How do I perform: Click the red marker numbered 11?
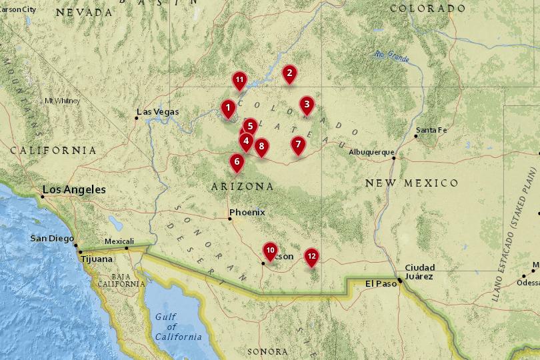[x=240, y=80]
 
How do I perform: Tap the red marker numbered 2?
[x=289, y=73]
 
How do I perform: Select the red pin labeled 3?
[x=306, y=104]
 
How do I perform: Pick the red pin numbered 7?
[x=298, y=143]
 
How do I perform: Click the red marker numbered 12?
[x=311, y=255]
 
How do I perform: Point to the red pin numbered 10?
[x=270, y=250]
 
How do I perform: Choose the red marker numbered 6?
[x=236, y=161]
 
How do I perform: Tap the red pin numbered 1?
[x=228, y=107]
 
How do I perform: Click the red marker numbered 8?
[x=261, y=146]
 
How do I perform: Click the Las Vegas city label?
[x=158, y=112]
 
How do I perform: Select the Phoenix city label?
[x=247, y=213]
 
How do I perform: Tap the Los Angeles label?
[x=74, y=190]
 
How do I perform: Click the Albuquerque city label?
[x=371, y=152]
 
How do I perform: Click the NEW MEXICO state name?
[x=411, y=183]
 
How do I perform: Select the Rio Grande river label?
[x=391, y=56]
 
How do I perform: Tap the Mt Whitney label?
[x=61, y=101]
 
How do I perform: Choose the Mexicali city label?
[x=119, y=241]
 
